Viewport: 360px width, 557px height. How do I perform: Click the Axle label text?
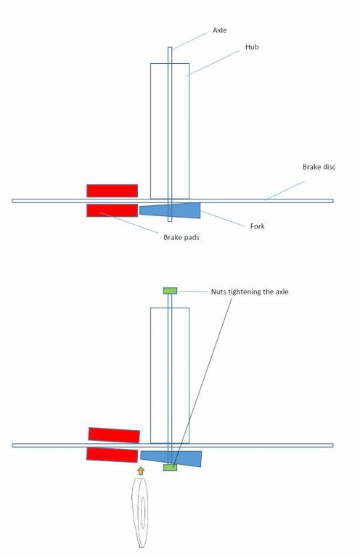click(220, 30)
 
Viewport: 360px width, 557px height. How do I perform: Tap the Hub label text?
click(252, 47)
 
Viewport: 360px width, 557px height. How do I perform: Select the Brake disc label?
click(319, 167)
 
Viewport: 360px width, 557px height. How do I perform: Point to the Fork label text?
click(257, 226)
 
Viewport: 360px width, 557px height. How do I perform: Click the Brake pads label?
click(181, 237)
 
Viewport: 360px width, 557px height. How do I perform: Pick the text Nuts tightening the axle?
click(250, 292)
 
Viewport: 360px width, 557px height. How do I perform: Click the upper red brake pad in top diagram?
click(112, 191)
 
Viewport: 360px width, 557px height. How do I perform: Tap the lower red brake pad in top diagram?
click(112, 210)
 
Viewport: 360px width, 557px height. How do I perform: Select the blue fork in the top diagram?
click(170, 210)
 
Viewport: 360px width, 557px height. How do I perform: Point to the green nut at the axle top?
click(170, 291)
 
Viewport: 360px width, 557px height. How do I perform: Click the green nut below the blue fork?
click(170, 468)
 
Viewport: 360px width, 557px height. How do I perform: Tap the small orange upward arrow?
click(141, 471)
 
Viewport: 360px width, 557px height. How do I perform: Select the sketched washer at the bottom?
click(140, 512)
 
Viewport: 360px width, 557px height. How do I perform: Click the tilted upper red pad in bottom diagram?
click(114, 435)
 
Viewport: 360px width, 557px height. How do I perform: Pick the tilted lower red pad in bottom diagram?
click(112, 455)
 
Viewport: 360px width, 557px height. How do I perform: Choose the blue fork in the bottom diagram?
click(171, 458)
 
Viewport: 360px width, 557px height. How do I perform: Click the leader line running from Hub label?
click(213, 63)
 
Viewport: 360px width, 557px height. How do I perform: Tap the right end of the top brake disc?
click(333, 201)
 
